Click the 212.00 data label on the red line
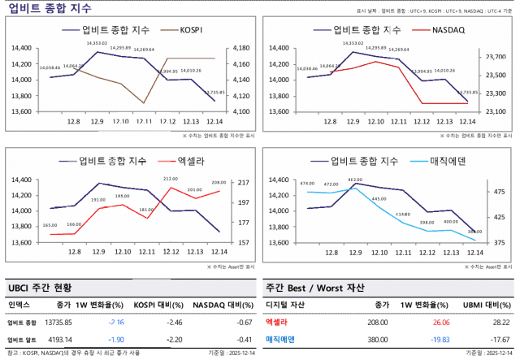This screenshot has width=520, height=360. tap(171, 179)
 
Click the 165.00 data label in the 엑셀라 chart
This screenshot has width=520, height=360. tap(50, 225)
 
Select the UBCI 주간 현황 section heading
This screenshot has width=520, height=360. tap(41, 288)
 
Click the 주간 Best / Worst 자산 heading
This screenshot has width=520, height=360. tap(315, 288)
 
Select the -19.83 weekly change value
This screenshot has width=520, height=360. tap(440, 338)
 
